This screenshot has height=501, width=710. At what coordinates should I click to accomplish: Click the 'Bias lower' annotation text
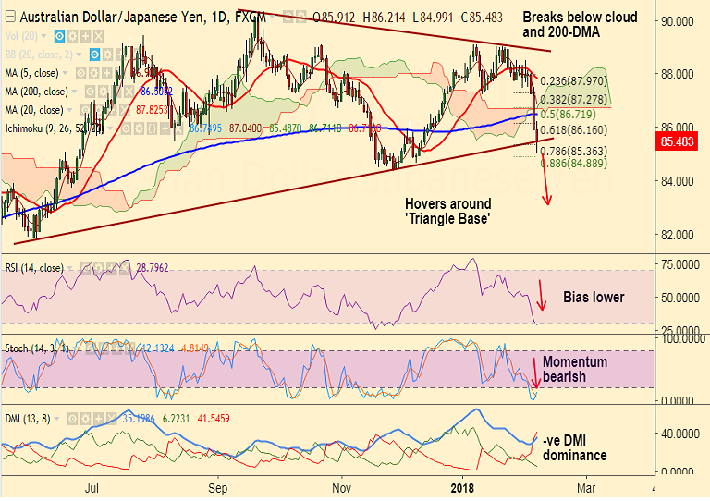pos(594,298)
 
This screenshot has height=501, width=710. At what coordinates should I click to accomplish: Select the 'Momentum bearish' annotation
pos(575,370)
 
